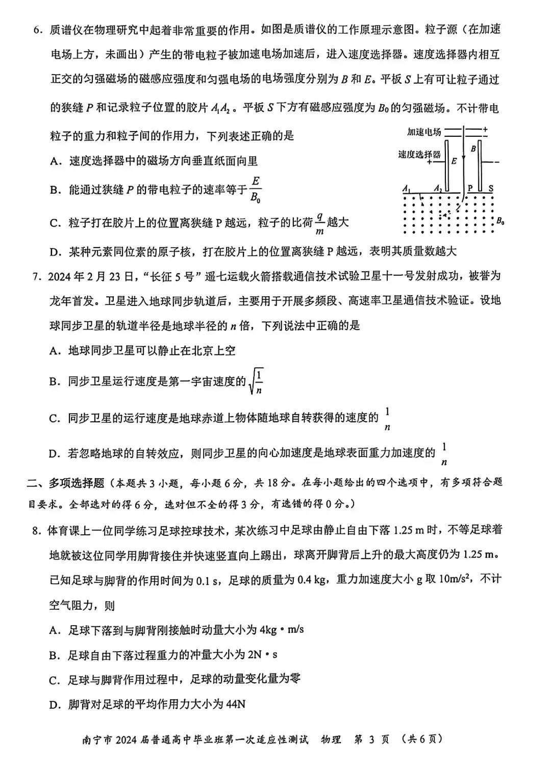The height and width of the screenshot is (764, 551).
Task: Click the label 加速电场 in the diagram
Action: pos(424,132)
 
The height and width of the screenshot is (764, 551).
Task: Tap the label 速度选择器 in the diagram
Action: pos(419,154)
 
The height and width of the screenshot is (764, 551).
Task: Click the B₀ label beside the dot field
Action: pos(500,221)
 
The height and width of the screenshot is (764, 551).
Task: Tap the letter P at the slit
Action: pos(470,188)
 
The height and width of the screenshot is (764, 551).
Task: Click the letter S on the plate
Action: pos(491,188)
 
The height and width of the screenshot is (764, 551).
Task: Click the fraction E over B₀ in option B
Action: pos(256,189)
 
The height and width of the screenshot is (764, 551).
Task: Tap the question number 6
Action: pos(37,30)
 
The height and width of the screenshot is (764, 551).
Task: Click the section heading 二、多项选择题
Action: pos(66,483)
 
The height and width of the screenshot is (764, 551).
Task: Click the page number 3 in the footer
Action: pos(371,739)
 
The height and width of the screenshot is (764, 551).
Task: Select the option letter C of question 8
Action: pos(55,680)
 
